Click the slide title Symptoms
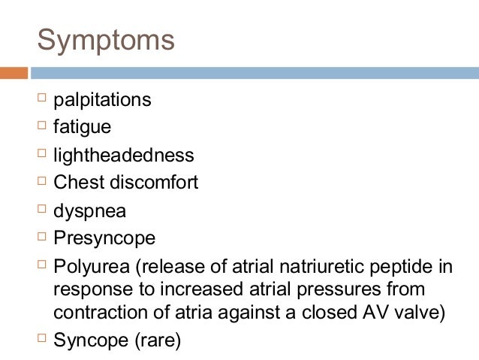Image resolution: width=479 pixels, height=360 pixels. click(106, 41)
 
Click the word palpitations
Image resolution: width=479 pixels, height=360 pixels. click(102, 100)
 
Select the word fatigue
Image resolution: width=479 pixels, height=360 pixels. click(82, 128)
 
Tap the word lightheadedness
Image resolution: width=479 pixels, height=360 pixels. click(123, 156)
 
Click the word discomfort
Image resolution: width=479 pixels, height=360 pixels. click(152, 183)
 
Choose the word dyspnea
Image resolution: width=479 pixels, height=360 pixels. click(89, 211)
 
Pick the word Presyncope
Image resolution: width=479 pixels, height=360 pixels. click(104, 238)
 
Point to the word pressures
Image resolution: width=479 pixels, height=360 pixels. click(347, 289)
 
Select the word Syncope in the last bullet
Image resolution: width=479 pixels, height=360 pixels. click(91, 340)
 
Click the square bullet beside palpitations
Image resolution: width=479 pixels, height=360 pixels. click(41, 98)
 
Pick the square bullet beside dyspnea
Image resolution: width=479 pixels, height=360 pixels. click(41, 210)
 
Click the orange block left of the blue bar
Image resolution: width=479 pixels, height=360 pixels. click(14, 73)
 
